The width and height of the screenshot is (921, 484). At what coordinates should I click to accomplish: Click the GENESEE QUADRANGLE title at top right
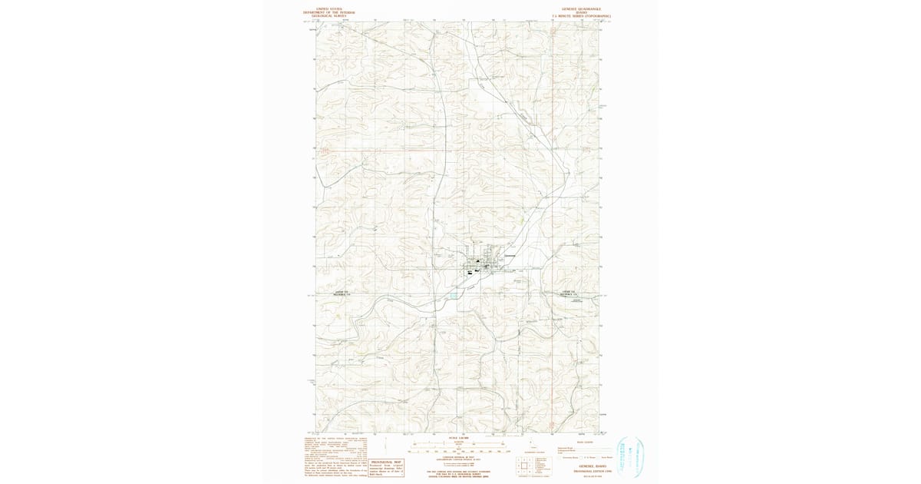click(584, 9)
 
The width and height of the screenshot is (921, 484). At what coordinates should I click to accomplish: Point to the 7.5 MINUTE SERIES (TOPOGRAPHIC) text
click(584, 16)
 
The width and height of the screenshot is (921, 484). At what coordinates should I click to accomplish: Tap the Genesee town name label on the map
click(510, 255)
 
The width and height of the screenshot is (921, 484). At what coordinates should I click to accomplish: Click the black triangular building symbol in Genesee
click(477, 260)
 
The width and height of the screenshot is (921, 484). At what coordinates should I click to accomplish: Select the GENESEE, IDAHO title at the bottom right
click(584, 466)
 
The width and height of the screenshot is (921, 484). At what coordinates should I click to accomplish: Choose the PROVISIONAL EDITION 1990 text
click(584, 469)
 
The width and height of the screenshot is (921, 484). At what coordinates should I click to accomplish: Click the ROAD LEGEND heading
click(583, 442)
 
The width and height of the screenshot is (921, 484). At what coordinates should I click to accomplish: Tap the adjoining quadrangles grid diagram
click(523, 464)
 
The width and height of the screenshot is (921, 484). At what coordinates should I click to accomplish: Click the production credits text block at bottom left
click(335, 456)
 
